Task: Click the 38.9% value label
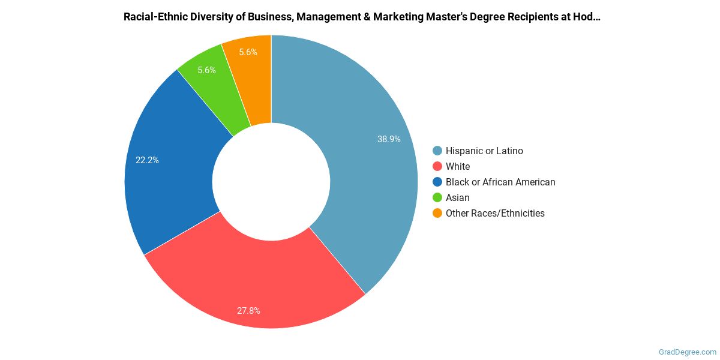click(389, 139)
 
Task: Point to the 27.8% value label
click(248, 311)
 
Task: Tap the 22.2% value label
click(147, 160)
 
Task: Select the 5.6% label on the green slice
click(206, 70)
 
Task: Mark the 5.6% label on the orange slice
click(248, 52)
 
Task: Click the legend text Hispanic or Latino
click(484, 151)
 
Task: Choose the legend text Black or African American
click(500, 182)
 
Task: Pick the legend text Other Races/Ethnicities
click(495, 213)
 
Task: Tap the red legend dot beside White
click(437, 166)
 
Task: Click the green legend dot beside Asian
click(437, 197)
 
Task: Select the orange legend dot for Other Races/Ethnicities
click(437, 213)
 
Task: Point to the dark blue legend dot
click(437, 182)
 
